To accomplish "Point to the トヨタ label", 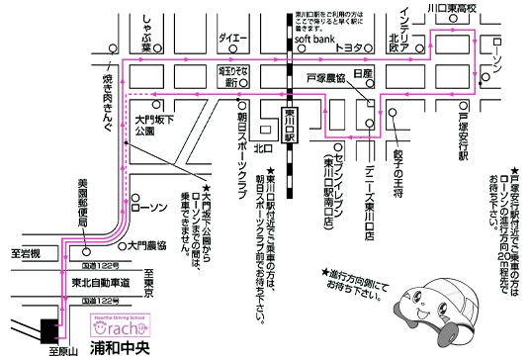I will coord(348,47).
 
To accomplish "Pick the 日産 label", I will coord(361,74).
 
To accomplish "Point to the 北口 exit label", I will coord(262,149).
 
